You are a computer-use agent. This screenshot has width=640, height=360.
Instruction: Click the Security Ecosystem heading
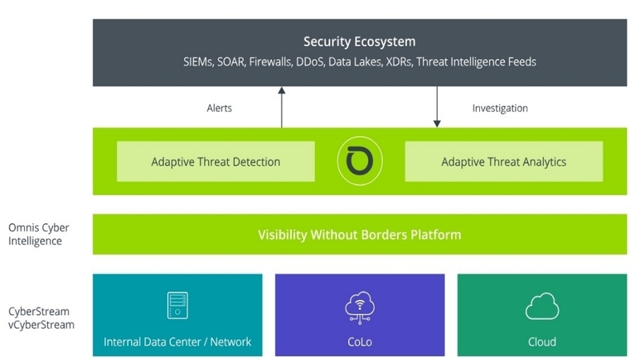pyautogui.click(x=359, y=41)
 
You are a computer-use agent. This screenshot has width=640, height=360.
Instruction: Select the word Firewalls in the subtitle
pyautogui.click(x=278, y=62)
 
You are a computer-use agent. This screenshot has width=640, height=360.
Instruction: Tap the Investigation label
pyautogui.click(x=500, y=108)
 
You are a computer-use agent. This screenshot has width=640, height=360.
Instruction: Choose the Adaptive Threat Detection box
pyautogui.click(x=215, y=162)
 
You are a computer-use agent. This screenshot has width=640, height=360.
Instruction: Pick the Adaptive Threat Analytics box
pyautogui.click(x=503, y=162)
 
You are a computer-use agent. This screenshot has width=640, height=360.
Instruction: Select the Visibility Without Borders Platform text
pyautogui.click(x=359, y=235)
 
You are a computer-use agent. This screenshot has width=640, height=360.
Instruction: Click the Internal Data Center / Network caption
pyautogui.click(x=178, y=342)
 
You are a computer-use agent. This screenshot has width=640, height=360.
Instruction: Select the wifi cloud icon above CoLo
pyautogui.click(x=359, y=307)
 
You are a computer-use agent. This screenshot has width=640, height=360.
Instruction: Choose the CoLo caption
pyautogui.click(x=359, y=342)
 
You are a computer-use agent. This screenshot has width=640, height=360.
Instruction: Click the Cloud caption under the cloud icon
pyautogui.click(x=542, y=342)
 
